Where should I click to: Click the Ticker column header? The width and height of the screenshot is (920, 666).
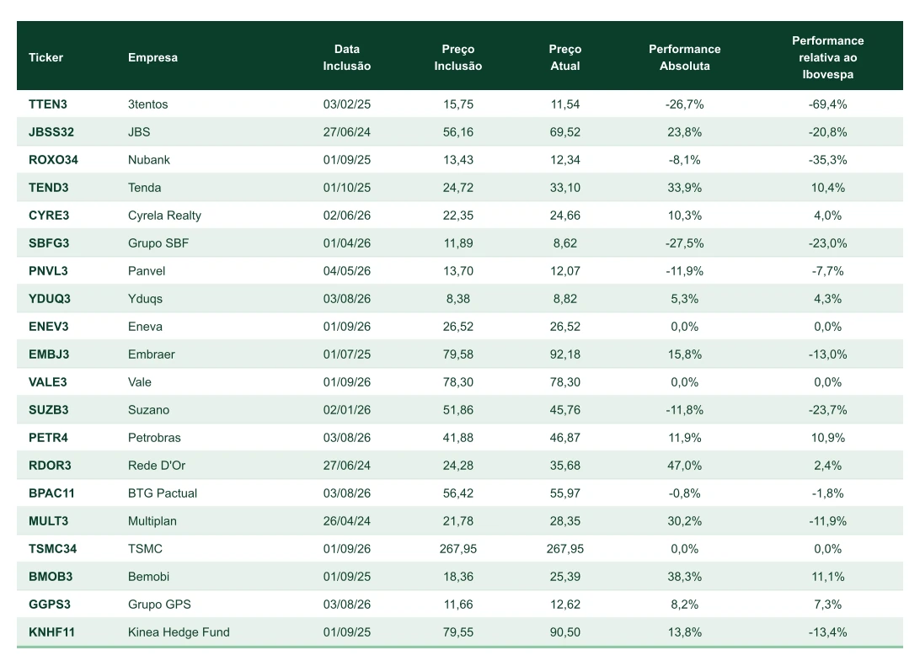coord(45,57)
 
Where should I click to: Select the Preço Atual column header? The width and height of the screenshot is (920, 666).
coord(565,57)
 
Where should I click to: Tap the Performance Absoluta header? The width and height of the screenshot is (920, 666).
coord(685,57)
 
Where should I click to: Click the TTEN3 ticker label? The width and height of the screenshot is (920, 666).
coord(48,104)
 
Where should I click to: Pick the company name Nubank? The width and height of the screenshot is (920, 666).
coord(149,160)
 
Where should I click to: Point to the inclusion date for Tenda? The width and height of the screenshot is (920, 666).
coord(347,188)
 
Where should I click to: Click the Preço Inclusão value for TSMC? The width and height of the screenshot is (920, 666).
coord(458,549)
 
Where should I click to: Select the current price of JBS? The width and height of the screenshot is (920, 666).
coord(565,132)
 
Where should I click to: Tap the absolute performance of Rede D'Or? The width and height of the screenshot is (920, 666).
coord(685,466)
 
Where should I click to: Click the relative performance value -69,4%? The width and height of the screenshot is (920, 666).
coord(828,104)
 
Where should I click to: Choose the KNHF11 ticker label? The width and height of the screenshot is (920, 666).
coord(51,632)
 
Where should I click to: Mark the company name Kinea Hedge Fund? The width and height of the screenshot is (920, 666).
coord(179,632)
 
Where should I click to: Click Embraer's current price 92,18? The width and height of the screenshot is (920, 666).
coord(565,354)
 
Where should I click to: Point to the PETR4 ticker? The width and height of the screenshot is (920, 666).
coord(48,438)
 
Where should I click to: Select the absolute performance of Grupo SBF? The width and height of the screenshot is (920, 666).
coord(685,243)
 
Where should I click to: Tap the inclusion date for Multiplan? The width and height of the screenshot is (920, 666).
coord(347,521)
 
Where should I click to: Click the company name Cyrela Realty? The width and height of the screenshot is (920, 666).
coord(164,216)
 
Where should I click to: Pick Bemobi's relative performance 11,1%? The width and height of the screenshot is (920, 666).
coord(828,577)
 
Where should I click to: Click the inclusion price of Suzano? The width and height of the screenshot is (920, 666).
coord(458,410)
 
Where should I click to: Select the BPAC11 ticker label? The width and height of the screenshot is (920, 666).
coord(51,493)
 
